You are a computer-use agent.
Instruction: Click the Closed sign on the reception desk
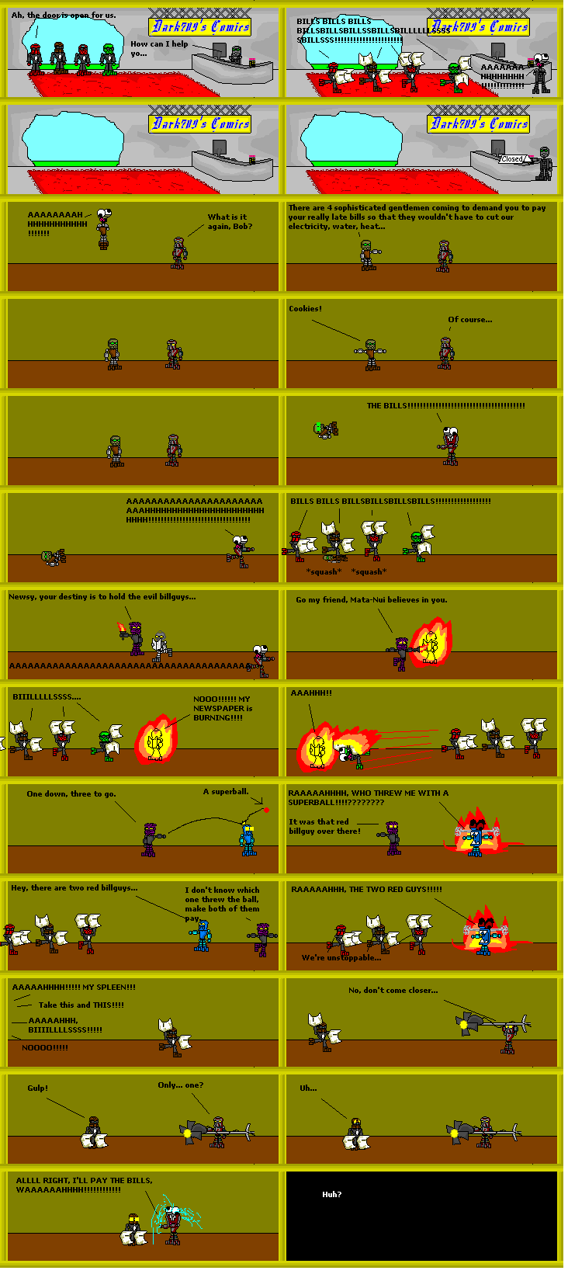(512, 158)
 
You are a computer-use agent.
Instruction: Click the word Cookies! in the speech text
(305, 309)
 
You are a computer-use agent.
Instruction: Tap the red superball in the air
(266, 810)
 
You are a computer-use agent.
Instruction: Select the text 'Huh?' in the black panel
(331, 1195)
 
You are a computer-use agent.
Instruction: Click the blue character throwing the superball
(248, 838)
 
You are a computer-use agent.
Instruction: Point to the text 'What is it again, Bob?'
(230, 222)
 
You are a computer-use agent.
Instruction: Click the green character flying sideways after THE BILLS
(324, 428)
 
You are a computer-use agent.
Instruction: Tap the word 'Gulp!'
(37, 1088)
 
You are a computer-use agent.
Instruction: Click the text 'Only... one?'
(180, 1085)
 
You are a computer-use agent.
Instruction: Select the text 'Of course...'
(469, 319)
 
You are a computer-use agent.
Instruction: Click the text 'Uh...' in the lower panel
(308, 1088)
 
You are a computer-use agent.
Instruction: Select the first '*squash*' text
(324, 572)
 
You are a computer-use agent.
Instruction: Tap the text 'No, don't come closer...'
(393, 991)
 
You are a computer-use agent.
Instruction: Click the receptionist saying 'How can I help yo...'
(236, 54)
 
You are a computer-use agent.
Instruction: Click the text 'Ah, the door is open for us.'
(64, 15)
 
